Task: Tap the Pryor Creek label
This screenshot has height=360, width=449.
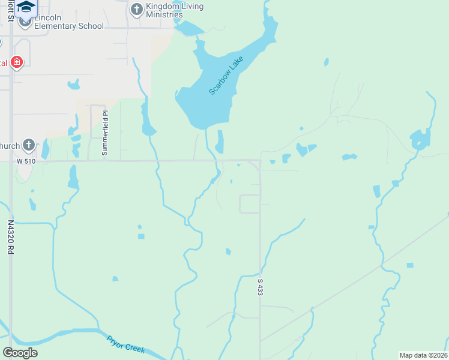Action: point(125,344)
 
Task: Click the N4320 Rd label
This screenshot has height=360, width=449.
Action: point(11,237)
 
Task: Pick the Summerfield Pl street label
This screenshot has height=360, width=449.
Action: point(104,133)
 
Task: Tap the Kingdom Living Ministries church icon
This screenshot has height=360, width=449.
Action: point(136,9)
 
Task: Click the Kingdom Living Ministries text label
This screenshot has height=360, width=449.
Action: point(174,10)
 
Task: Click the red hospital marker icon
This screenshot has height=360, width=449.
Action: point(16,62)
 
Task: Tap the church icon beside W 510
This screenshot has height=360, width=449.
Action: point(28,145)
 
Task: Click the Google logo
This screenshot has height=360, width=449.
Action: point(20,352)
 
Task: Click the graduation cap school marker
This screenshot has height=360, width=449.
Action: point(26,6)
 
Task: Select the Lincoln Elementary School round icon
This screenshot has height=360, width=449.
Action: point(25,22)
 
